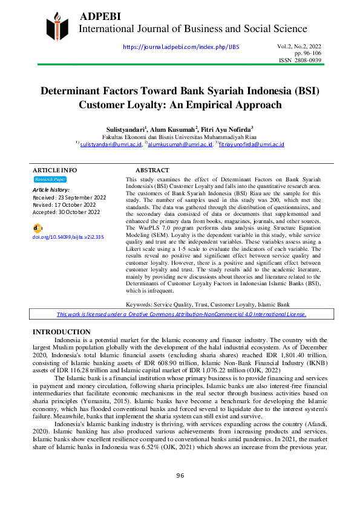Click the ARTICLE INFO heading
[54, 170]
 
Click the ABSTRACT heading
[152, 170]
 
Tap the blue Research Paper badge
[50, 180]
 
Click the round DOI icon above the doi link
[38, 228]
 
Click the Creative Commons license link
[182, 314]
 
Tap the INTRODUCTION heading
[61, 332]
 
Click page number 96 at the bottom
[180, 493]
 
